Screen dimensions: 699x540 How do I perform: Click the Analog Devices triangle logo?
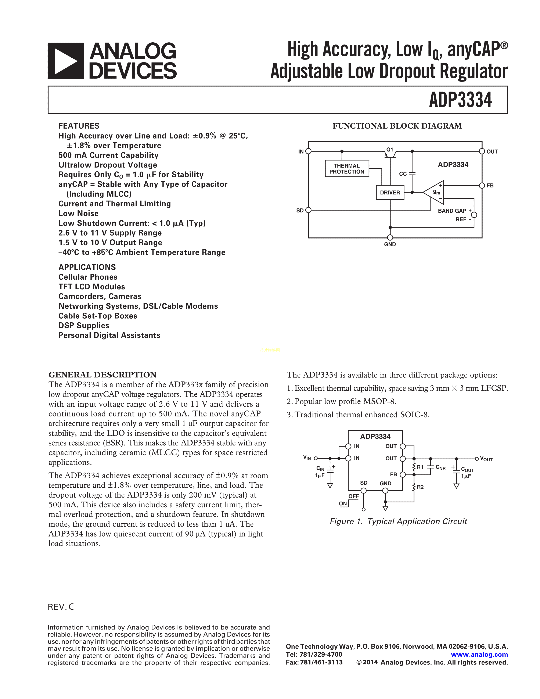click(66, 61)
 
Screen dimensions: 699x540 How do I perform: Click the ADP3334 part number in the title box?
click(460, 100)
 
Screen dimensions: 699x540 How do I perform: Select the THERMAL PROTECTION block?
click(347, 169)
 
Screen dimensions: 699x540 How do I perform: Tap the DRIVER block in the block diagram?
click(390, 192)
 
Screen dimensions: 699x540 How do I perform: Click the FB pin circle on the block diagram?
click(482, 186)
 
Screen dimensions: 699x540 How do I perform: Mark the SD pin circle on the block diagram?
click(308, 210)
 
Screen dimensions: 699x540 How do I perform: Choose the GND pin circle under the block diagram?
click(390, 237)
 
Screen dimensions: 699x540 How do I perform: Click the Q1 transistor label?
click(390, 150)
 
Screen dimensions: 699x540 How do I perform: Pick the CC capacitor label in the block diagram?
click(403, 174)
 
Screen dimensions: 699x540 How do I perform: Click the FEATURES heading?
click(79, 126)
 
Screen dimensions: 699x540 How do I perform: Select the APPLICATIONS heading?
click(87, 267)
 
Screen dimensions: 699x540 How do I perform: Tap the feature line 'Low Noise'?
click(78, 214)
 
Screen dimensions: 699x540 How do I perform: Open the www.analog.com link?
click(479, 655)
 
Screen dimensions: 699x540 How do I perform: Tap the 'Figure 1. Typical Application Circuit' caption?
click(398, 521)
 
